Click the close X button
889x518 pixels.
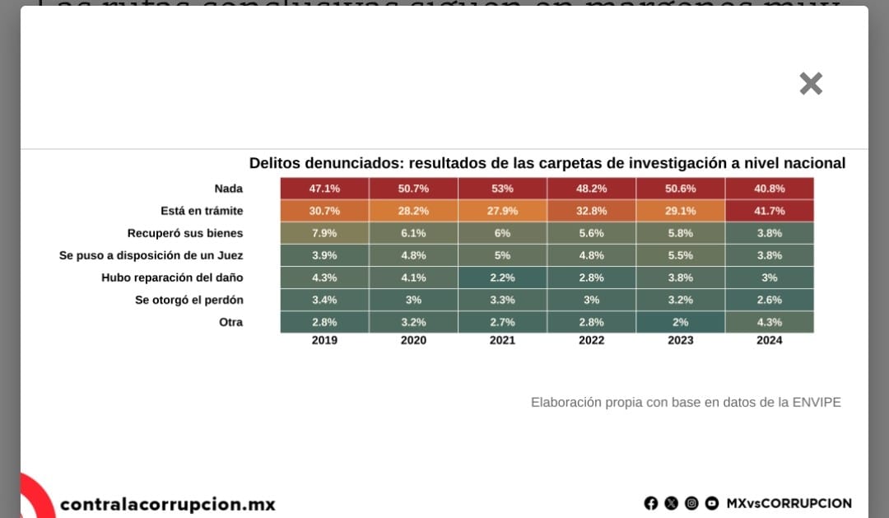[x=811, y=83]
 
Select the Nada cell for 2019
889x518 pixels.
[x=324, y=189]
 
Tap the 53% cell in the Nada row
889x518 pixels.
[x=502, y=189]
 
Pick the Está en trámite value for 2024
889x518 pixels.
[x=770, y=211]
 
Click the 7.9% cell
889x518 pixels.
[x=324, y=233]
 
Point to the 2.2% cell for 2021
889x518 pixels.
[x=502, y=278]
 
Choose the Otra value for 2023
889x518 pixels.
[x=680, y=322]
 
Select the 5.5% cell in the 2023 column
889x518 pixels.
[x=680, y=255]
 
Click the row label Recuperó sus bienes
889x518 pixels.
[x=185, y=233]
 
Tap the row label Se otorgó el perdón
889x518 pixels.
[x=189, y=300]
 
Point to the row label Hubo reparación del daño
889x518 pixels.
[x=172, y=278]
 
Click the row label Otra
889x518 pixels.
[x=230, y=322]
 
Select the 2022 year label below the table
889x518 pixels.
[x=591, y=340]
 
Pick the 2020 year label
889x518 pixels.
[x=413, y=340]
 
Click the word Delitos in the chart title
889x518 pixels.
[x=275, y=163]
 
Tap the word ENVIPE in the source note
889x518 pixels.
[x=816, y=402]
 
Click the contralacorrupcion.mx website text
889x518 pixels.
[x=168, y=504]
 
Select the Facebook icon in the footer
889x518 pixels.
[x=651, y=503]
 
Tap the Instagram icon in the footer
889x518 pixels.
[x=691, y=503]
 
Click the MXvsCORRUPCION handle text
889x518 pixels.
[x=789, y=503]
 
